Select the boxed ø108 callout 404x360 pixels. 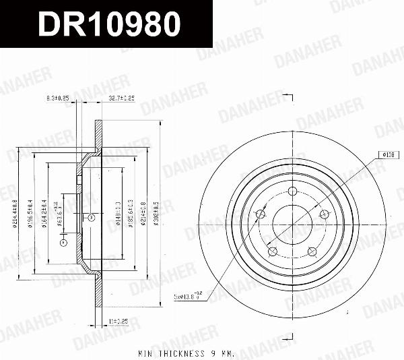tap(387, 155)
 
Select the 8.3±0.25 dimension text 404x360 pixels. tap(59, 98)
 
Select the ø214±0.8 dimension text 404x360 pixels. tap(144, 210)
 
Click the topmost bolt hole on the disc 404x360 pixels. tap(292, 193)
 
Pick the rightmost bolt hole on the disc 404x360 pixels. tap(324, 215)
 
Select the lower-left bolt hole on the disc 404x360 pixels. tap(273, 251)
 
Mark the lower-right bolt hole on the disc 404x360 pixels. tap(312, 251)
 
